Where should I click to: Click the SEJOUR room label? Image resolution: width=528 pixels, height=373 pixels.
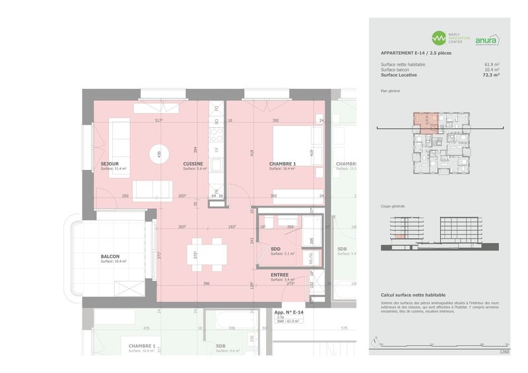pos(110,163)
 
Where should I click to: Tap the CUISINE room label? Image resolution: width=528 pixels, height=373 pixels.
pos(193,163)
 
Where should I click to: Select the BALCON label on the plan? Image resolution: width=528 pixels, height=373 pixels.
pos(110,256)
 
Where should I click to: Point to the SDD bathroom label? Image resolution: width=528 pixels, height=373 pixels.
pos(275,248)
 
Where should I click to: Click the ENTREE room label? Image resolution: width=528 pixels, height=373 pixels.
pos(279,274)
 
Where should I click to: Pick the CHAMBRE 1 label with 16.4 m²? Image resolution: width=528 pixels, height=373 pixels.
pos(282,163)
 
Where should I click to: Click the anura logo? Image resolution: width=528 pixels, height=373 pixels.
pos(486,40)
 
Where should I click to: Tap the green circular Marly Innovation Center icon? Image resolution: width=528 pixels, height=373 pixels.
pos(438,38)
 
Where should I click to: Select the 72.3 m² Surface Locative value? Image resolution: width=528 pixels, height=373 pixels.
pos(490,75)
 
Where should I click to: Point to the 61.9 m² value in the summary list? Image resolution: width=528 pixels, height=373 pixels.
pos(492,65)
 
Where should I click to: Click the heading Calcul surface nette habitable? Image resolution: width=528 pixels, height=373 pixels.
pos(413,295)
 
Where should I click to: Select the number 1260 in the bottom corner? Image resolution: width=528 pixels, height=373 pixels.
pos(504,352)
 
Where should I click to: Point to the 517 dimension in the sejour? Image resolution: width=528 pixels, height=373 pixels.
pos(158,121)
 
